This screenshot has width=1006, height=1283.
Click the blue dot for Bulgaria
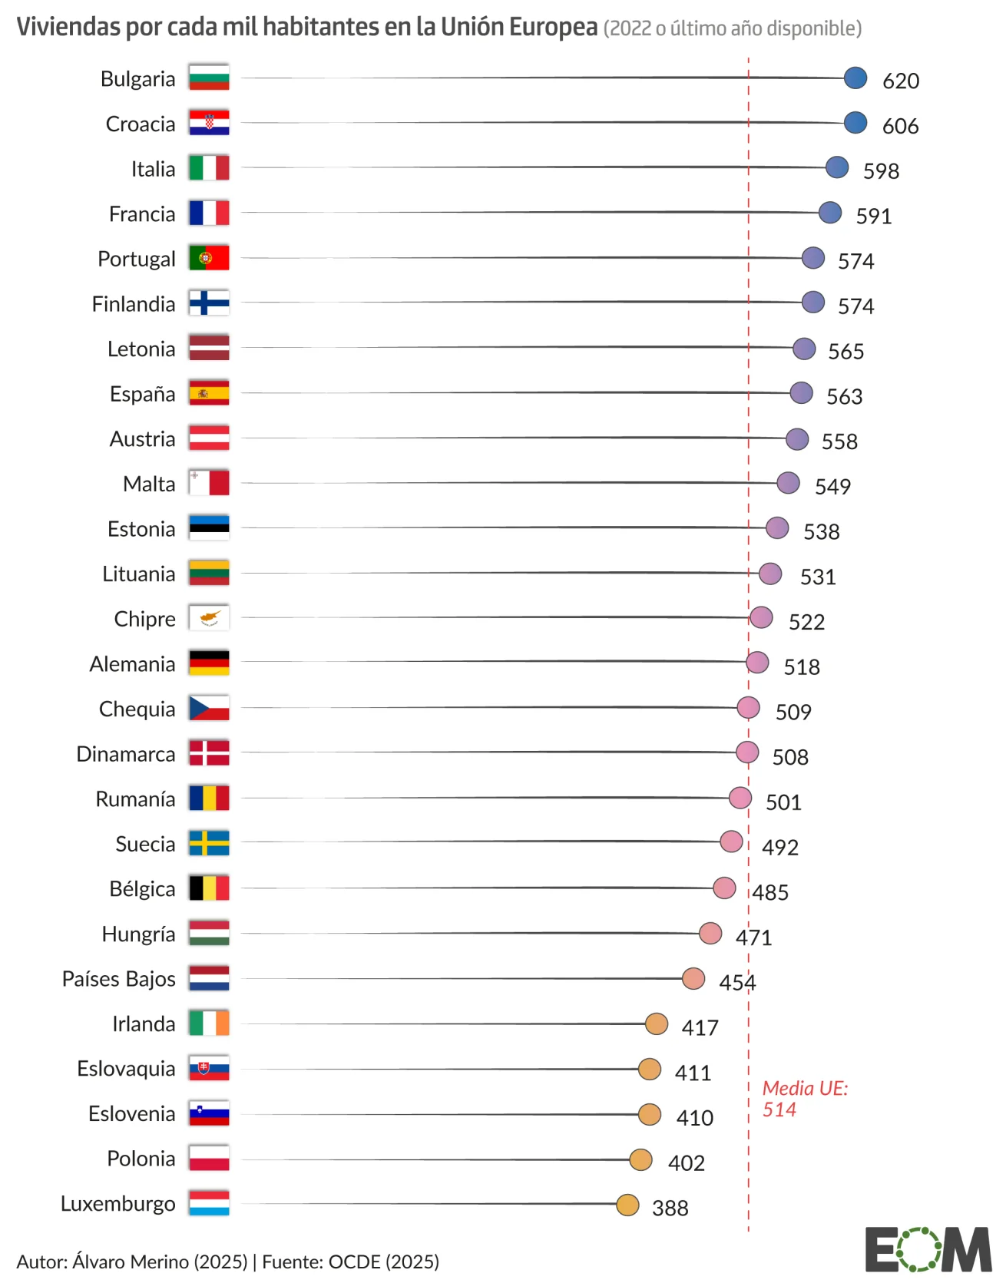pyautogui.click(x=855, y=78)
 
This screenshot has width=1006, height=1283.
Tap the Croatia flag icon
pyautogui.click(x=209, y=123)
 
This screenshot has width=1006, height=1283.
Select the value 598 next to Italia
pyautogui.click(x=881, y=170)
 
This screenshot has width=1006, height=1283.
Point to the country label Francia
pyautogui.click(x=142, y=214)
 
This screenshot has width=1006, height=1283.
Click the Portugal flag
pyautogui.click(x=209, y=258)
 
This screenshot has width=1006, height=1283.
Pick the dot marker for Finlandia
pyautogui.click(x=812, y=303)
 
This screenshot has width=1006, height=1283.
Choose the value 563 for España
pyautogui.click(x=844, y=396)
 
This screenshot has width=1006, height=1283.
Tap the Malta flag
pyautogui.click(x=209, y=483)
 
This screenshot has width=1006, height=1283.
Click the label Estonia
pyautogui.click(x=141, y=529)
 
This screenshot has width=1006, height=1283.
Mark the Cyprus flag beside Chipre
pyautogui.click(x=209, y=618)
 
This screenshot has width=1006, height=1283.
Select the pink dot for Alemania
pyautogui.click(x=756, y=663)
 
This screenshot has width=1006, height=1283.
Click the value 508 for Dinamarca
pyautogui.click(x=789, y=757)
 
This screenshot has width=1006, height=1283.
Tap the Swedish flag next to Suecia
pyautogui.click(x=209, y=843)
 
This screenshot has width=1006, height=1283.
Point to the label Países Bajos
pyautogui.click(x=119, y=979)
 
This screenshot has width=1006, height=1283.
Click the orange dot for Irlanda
pyautogui.click(x=656, y=1023)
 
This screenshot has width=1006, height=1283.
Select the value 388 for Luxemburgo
pyautogui.click(x=670, y=1208)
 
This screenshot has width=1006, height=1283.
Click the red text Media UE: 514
pyautogui.click(x=804, y=1099)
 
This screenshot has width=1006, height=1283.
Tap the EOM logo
pyautogui.click(x=928, y=1249)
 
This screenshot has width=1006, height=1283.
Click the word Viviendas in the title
pyautogui.click(x=68, y=27)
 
